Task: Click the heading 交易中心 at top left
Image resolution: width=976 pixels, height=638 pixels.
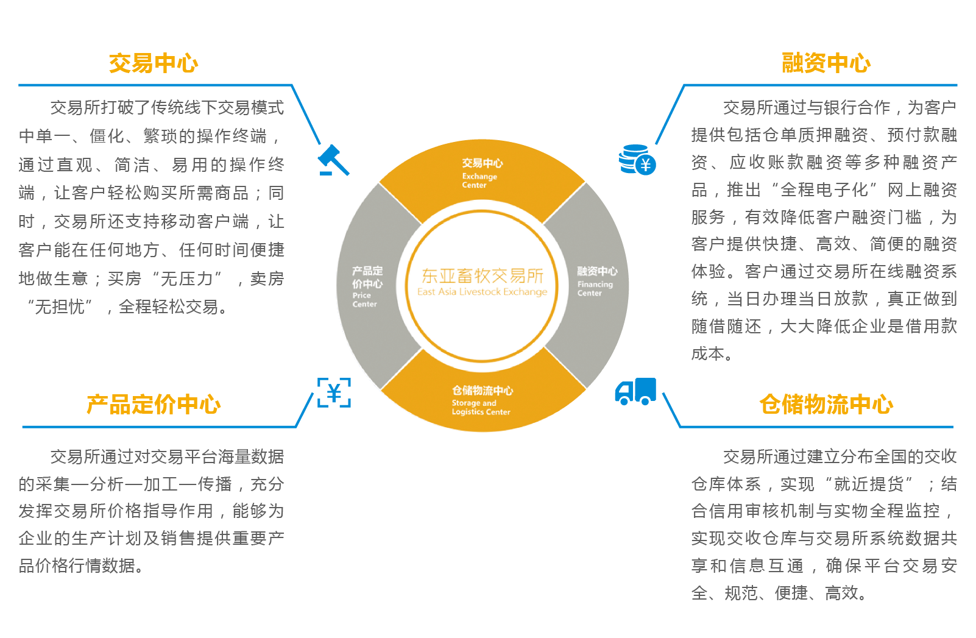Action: (154, 63)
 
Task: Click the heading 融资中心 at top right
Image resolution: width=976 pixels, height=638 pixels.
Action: (826, 63)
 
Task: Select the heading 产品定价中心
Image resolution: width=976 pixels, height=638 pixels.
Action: (154, 404)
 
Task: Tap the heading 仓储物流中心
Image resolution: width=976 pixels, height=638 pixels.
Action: (826, 404)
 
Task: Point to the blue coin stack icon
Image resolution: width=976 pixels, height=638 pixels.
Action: (637, 160)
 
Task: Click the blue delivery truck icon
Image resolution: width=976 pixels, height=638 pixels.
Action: (635, 391)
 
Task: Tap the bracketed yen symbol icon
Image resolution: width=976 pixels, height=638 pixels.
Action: (334, 392)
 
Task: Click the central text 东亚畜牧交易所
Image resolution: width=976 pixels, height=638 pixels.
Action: (482, 276)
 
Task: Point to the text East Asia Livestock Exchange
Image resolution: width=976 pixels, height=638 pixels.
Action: (482, 292)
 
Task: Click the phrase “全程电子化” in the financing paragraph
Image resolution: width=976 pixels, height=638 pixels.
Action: (824, 190)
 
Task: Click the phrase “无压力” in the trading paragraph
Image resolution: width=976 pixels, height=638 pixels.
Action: (186, 279)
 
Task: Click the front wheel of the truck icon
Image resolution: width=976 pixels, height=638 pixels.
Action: (622, 401)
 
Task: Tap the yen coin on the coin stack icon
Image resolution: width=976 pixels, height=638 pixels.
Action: (646, 165)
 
